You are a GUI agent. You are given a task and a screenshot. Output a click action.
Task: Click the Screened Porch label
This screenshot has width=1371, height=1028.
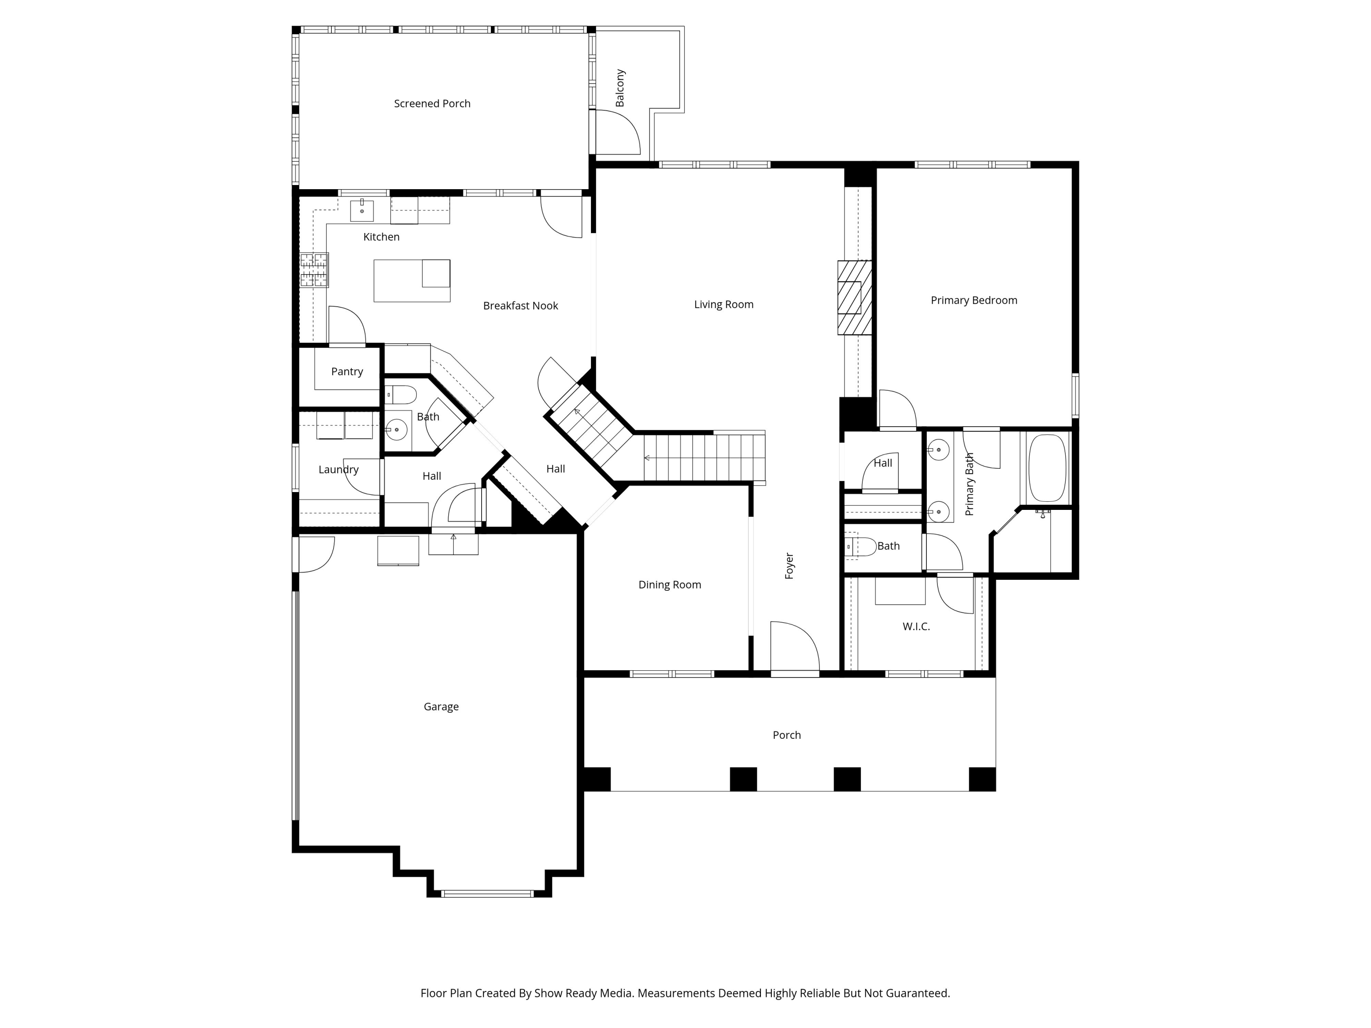(x=432, y=103)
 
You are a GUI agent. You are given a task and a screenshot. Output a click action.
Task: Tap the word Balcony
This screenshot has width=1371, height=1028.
(x=620, y=88)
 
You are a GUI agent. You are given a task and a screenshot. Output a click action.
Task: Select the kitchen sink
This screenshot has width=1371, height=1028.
(x=362, y=210)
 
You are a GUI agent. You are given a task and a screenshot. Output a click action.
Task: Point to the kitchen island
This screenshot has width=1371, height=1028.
(x=412, y=281)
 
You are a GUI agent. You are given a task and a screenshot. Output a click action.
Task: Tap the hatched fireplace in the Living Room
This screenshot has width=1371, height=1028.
(x=854, y=297)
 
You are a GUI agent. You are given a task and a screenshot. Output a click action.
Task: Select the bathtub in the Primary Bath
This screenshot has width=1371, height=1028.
(x=1047, y=468)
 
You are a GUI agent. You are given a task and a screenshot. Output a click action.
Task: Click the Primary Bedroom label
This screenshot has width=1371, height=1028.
(x=974, y=301)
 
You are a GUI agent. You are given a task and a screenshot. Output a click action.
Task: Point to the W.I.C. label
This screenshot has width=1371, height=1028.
(x=916, y=626)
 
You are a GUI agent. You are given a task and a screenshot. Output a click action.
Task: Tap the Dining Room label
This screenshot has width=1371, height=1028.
(x=670, y=584)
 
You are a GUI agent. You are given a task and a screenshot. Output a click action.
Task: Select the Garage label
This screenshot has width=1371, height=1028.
(x=441, y=706)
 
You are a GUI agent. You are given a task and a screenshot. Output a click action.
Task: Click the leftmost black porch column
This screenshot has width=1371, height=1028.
(x=597, y=779)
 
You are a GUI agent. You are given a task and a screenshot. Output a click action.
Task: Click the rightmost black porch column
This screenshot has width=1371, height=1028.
(x=982, y=779)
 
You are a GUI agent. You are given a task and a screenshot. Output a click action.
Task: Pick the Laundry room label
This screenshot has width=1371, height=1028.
(x=339, y=470)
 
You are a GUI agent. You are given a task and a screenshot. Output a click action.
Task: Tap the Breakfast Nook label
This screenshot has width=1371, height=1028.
(x=520, y=306)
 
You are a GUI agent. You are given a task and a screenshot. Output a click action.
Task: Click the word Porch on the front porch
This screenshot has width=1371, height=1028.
(x=786, y=735)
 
